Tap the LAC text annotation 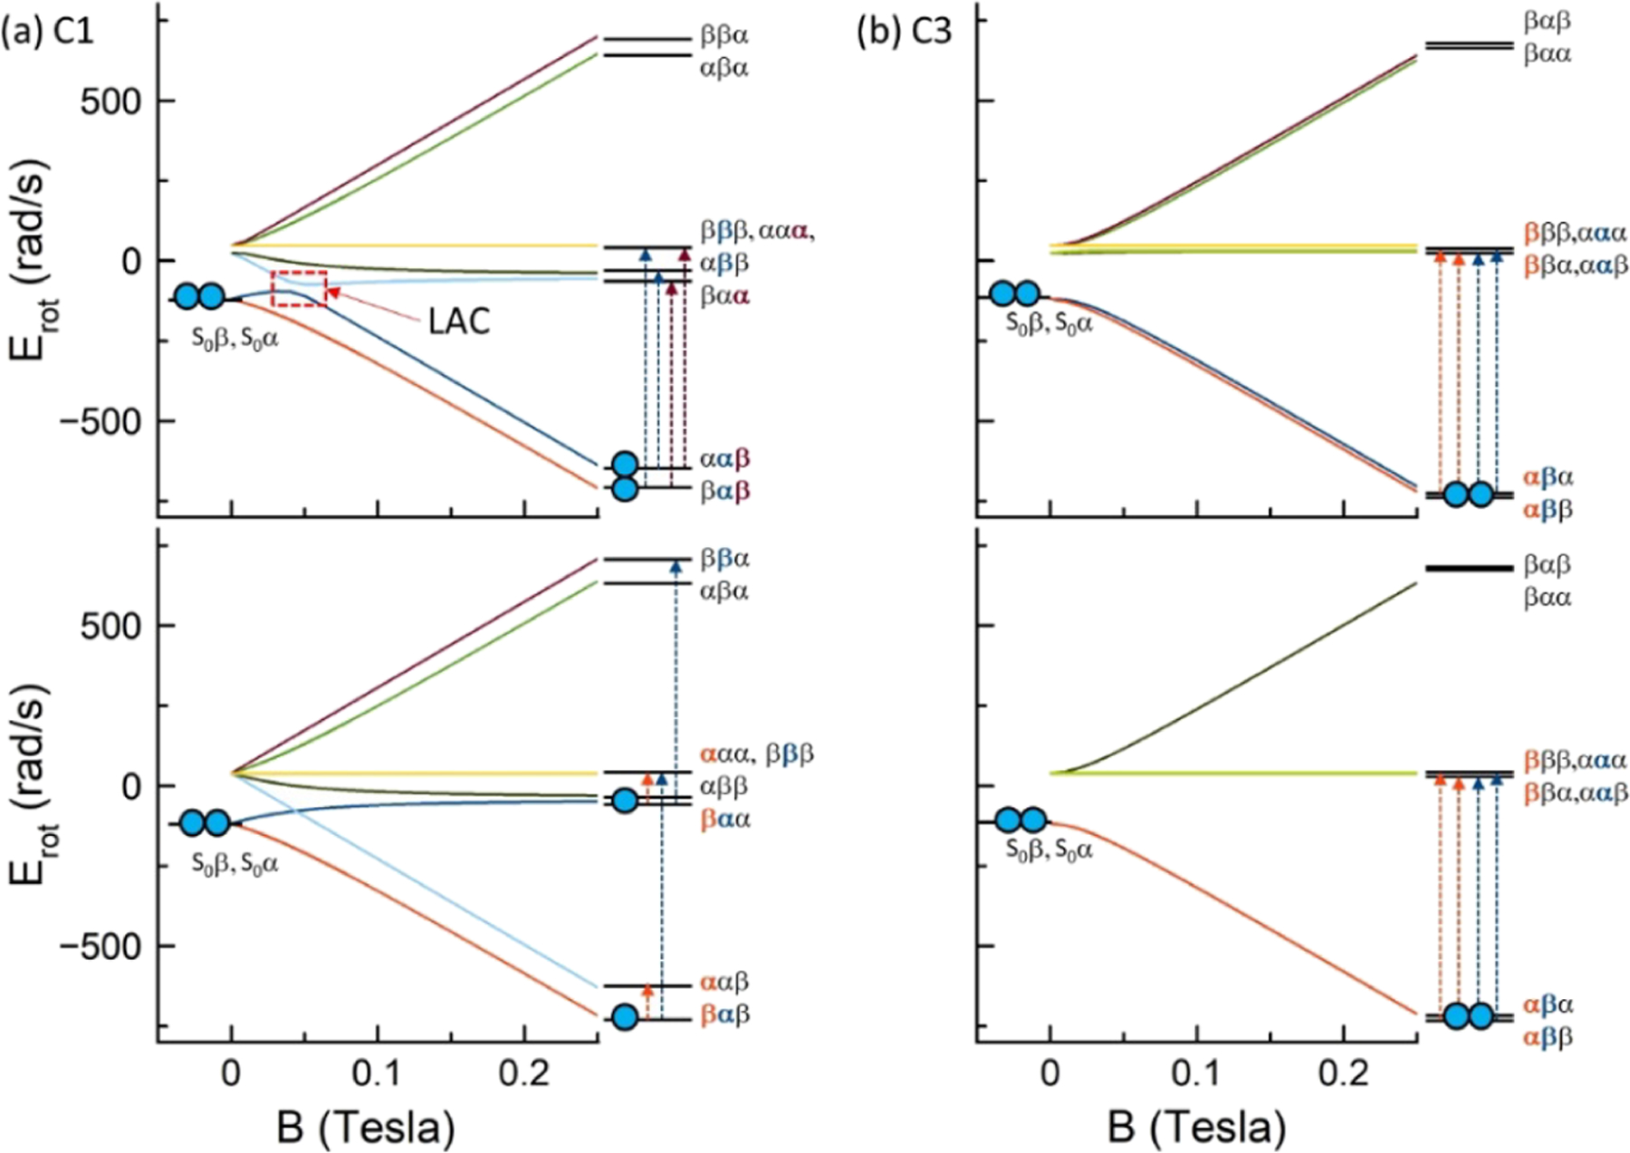tap(459, 321)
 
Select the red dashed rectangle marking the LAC tap(299, 288)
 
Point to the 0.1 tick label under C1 tap(377, 1075)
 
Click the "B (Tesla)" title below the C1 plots tap(366, 1128)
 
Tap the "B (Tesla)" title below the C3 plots tap(1196, 1128)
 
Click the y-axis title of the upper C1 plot tap(31, 260)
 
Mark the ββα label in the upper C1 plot tap(724, 37)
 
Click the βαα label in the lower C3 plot tap(1547, 598)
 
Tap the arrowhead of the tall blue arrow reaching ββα tap(676, 567)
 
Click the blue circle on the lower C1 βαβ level tap(625, 1017)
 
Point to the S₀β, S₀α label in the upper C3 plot tap(1050, 322)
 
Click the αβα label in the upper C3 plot tap(1548, 477)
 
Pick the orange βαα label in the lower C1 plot tap(724, 820)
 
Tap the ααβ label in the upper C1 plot tap(724, 458)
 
